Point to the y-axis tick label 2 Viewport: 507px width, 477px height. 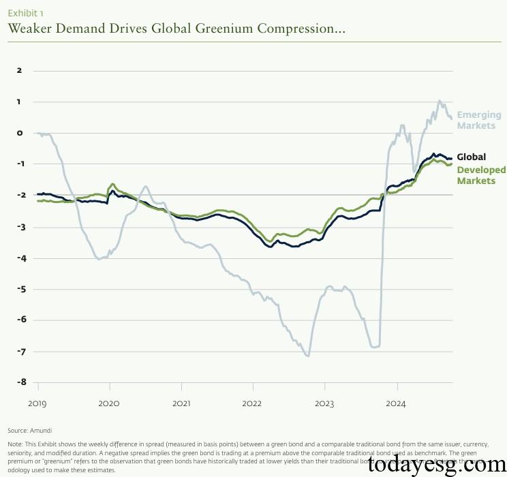click(x=20, y=70)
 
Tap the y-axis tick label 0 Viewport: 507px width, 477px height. click(x=20, y=133)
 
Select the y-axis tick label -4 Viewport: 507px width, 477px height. click(x=18, y=258)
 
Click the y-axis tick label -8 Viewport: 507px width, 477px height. click(x=18, y=382)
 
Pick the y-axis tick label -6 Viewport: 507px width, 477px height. click(x=18, y=320)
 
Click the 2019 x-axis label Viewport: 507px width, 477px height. click(x=37, y=403)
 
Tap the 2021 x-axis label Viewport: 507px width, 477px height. click(x=181, y=403)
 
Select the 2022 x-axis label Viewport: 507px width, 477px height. click(x=252, y=403)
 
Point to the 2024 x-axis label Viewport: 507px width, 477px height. click(x=396, y=403)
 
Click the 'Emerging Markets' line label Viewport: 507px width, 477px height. click(x=478, y=120)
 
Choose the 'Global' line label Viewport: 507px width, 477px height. click(x=471, y=157)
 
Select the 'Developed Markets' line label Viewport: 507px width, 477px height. click(x=481, y=175)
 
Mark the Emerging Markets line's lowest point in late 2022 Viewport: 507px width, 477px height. click(x=308, y=355)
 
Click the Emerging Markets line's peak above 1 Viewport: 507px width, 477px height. click(x=439, y=101)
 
